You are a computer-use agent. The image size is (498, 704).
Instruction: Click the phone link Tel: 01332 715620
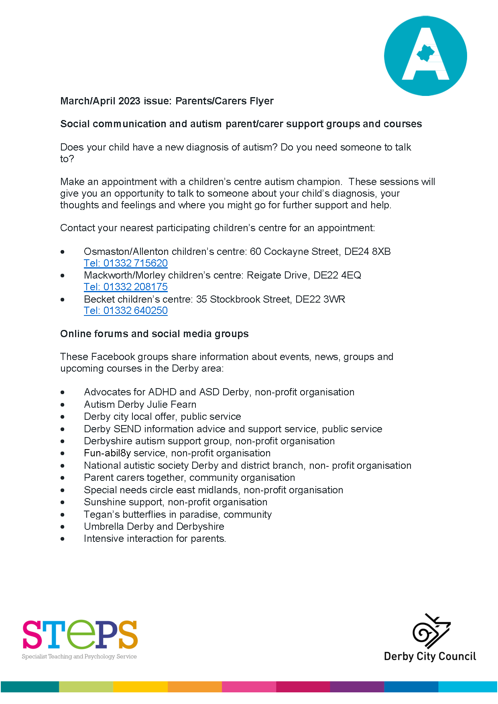126,263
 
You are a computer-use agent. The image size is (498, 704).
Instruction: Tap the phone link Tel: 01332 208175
126,287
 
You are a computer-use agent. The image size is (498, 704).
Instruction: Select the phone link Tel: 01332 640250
126,311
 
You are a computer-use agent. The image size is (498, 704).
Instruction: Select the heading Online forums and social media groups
154,334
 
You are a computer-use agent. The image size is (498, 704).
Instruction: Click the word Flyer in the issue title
261,101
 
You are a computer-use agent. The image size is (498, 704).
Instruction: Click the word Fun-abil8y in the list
107,453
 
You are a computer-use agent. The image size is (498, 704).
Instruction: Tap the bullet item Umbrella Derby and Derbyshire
154,527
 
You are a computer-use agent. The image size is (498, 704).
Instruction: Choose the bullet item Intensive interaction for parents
154,539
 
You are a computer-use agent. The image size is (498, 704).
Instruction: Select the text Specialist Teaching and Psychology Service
79,657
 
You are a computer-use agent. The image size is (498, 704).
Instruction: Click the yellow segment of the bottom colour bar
140,687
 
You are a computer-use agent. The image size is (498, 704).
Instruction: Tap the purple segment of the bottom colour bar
357,687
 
